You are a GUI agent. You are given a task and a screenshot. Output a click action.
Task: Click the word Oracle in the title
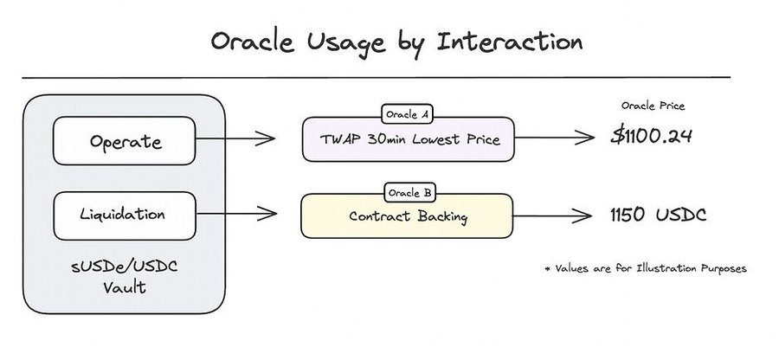click(252, 42)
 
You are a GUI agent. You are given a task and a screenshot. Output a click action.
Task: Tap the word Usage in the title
click(345, 43)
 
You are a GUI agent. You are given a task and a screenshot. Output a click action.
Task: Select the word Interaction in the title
click(510, 42)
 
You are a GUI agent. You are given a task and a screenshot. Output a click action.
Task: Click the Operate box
click(124, 140)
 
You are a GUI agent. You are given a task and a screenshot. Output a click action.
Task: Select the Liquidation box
click(124, 215)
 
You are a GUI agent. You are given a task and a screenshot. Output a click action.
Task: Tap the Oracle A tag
click(407, 114)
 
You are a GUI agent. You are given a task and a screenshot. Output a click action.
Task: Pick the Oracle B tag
click(409, 193)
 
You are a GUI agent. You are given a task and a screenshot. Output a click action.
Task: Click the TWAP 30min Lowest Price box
click(408, 139)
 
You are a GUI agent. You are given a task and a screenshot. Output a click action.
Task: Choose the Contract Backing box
click(407, 216)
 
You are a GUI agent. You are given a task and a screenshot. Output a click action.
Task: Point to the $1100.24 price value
click(651, 136)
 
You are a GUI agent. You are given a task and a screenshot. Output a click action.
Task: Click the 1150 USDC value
click(658, 215)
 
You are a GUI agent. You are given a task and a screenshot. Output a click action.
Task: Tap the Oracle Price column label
click(653, 106)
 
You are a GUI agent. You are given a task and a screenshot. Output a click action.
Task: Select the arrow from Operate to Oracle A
click(235, 138)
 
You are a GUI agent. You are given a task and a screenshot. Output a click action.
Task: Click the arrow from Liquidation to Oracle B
click(236, 214)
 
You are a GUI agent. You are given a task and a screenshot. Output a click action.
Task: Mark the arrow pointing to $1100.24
click(555, 138)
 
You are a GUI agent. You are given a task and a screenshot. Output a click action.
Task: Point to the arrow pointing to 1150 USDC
click(552, 216)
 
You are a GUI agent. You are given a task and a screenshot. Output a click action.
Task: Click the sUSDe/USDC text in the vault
click(124, 267)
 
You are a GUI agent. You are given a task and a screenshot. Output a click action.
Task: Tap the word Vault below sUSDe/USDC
click(124, 287)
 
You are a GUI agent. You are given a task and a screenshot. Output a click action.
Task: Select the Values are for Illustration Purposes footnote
click(646, 268)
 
